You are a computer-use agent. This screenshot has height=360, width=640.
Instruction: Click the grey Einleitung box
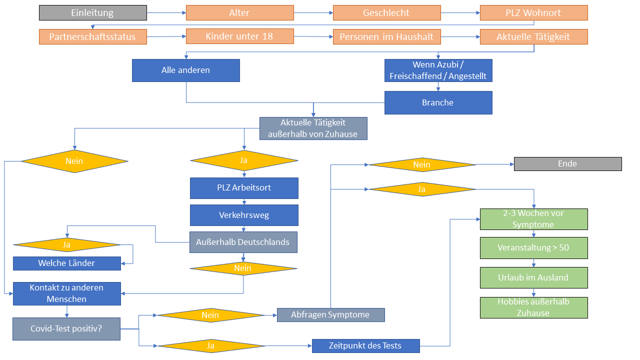(93, 13)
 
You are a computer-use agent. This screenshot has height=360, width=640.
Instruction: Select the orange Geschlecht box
(386, 13)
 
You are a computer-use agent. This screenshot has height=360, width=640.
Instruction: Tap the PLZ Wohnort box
(533, 13)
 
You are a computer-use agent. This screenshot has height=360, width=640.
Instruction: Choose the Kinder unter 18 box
(239, 36)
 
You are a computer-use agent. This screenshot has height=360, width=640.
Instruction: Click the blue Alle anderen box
(185, 70)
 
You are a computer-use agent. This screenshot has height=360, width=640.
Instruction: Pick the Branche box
(438, 102)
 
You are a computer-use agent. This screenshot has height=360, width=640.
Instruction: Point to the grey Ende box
(567, 164)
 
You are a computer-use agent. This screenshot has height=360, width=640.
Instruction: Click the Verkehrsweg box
(244, 215)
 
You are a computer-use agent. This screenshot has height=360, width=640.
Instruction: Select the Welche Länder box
(66, 263)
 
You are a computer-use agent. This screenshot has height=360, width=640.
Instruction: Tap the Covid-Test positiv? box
(66, 329)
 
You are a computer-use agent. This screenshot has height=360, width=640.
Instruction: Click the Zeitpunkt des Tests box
(365, 346)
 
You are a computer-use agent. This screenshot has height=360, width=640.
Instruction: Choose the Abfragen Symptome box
(330, 315)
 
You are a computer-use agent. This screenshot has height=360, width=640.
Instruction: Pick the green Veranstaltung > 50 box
(533, 248)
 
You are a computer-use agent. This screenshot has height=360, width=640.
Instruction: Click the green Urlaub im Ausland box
(533, 278)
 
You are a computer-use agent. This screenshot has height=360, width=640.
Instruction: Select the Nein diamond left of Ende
(422, 164)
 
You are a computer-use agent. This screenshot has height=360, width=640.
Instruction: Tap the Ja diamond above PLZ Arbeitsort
(244, 160)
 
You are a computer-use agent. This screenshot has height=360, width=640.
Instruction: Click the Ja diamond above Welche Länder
(66, 245)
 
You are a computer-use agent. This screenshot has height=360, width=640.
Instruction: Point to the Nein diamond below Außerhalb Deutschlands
(243, 268)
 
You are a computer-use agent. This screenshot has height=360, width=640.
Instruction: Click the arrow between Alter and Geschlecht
(312, 13)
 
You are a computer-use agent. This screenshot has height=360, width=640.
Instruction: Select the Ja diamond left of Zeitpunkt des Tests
(210, 346)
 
